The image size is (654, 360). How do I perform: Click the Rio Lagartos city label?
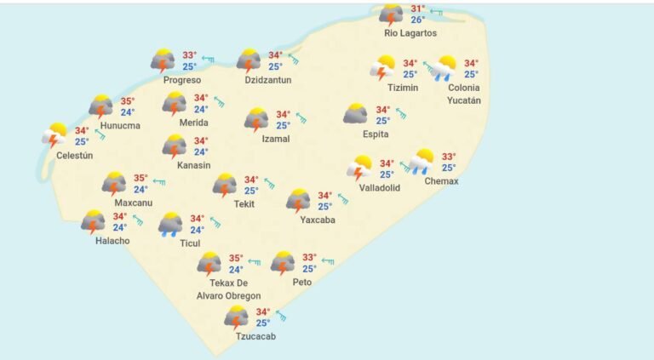pyautogui.click(x=410, y=33)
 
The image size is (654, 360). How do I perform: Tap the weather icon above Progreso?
pyautogui.click(x=163, y=60)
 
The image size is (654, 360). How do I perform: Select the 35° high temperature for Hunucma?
pyautogui.click(x=127, y=100)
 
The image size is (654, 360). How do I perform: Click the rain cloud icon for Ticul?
pyautogui.click(x=170, y=224)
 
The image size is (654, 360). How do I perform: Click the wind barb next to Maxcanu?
pyautogui.click(x=158, y=182)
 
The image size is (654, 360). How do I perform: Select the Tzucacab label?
pyautogui.click(x=255, y=336)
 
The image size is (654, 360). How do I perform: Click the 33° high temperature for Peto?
pyautogui.click(x=309, y=257)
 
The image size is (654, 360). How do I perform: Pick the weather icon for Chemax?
pyautogui.click(x=422, y=162)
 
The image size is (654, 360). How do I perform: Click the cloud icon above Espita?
pyautogui.click(x=356, y=114)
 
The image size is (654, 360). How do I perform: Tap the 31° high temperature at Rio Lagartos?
pyautogui.click(x=417, y=9)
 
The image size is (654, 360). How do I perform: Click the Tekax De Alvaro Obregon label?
pyautogui.click(x=234, y=289)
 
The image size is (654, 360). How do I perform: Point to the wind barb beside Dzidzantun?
pyautogui.click(x=294, y=59)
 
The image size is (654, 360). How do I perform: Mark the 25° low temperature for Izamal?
pyautogui.click(x=283, y=125)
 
